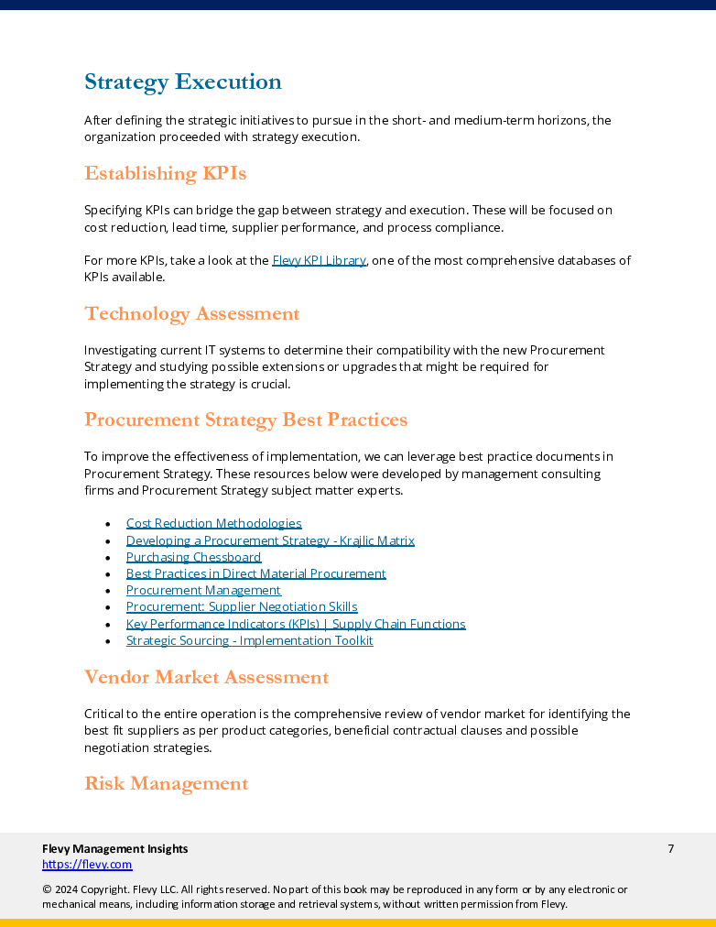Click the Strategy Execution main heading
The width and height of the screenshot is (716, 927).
[182, 82]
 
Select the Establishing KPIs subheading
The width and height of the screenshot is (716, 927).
[165, 173]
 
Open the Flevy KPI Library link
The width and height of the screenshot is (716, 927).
[319, 260]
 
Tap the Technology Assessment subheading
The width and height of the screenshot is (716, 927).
[191, 313]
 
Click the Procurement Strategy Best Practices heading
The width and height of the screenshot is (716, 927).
[245, 420]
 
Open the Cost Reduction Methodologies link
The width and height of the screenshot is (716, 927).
[213, 523]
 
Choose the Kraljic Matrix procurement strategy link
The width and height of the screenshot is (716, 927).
[270, 540]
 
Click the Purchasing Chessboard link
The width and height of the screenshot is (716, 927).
[193, 557]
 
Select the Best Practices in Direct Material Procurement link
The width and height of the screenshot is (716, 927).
[255, 573]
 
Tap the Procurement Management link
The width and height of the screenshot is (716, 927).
[203, 590]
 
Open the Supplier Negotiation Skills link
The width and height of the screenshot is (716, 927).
[242, 606]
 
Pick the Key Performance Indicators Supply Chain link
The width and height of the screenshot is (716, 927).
[296, 624]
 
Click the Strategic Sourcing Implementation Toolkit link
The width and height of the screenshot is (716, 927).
[249, 640]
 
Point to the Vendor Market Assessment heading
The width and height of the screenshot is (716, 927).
[206, 677]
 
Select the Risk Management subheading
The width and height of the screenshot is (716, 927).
[166, 783]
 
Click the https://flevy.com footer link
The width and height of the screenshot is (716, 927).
[87, 864]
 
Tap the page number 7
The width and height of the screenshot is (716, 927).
[670, 848]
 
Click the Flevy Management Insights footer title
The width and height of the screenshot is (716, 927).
[114, 848]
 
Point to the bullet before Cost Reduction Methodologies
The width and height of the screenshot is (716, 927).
[108, 524]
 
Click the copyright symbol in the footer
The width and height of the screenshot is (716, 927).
[47, 889]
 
